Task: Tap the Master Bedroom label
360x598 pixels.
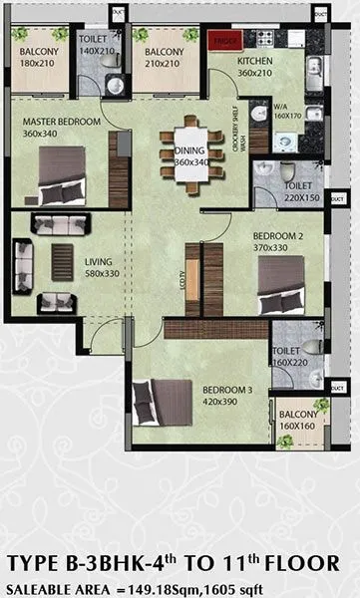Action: click(62, 127)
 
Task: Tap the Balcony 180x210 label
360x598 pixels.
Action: click(38, 56)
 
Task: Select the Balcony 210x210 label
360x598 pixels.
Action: click(164, 56)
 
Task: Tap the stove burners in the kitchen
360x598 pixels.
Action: click(265, 40)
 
